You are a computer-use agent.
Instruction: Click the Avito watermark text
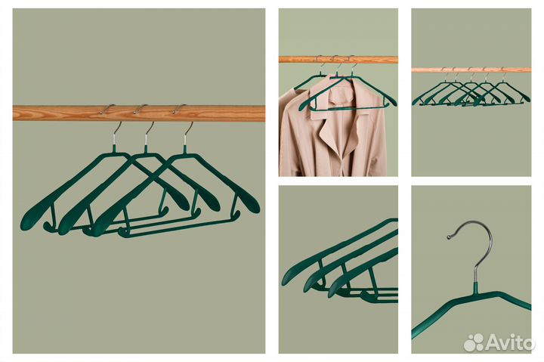pos(510,342)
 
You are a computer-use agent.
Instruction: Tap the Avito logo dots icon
pos(474,342)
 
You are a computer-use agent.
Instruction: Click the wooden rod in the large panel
pos(139,113)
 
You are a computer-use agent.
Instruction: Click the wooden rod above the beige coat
pos(338,60)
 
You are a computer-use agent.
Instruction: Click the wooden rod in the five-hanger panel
pos(471,70)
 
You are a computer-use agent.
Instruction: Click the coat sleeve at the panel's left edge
pos(287,132)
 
